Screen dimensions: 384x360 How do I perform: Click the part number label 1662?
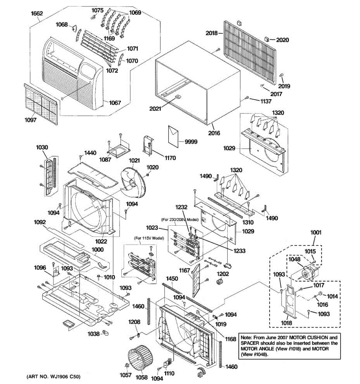(x=37, y=14)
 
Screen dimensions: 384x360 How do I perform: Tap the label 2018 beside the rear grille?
(x=212, y=33)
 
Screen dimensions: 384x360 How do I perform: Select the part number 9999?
(x=191, y=142)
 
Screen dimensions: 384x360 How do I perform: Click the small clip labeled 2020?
(x=266, y=39)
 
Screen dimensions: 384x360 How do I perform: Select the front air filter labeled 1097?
(x=41, y=104)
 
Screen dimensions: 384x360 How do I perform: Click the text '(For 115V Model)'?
(x=148, y=238)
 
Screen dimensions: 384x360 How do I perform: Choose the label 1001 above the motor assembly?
(x=316, y=233)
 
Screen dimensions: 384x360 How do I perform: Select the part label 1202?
(x=223, y=274)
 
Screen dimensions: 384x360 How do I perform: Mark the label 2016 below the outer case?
(x=214, y=133)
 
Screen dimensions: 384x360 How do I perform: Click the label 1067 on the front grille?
(x=115, y=103)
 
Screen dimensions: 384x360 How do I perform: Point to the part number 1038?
(x=93, y=333)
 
